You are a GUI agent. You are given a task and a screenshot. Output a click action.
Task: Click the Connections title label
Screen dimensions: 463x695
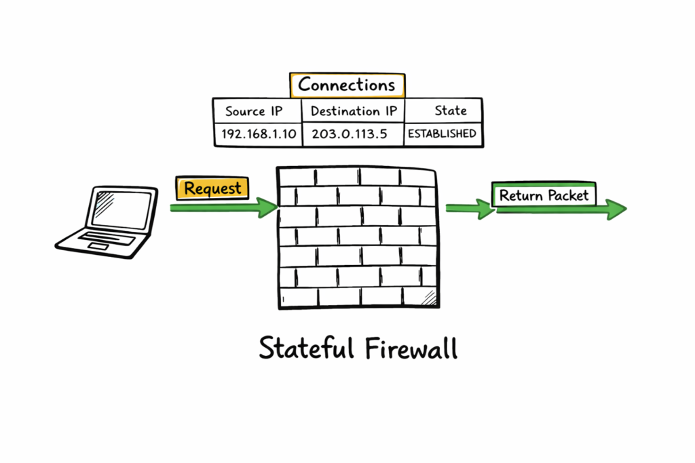[x=347, y=85]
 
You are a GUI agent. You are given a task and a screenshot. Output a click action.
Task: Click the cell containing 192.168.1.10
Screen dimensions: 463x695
[x=259, y=134]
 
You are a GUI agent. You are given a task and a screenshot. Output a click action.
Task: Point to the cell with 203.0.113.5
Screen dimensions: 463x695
[x=349, y=134]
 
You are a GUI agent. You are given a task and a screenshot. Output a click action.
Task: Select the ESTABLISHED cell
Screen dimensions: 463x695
[x=442, y=134]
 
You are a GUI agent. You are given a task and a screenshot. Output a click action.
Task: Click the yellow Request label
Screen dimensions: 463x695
[x=212, y=188]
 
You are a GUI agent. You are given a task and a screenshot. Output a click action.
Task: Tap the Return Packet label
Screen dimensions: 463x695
[x=544, y=196]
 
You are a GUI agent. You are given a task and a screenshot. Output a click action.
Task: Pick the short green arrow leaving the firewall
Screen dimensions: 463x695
[x=470, y=209]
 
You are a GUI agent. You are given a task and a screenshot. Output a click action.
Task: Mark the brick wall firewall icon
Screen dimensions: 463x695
[x=356, y=237]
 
